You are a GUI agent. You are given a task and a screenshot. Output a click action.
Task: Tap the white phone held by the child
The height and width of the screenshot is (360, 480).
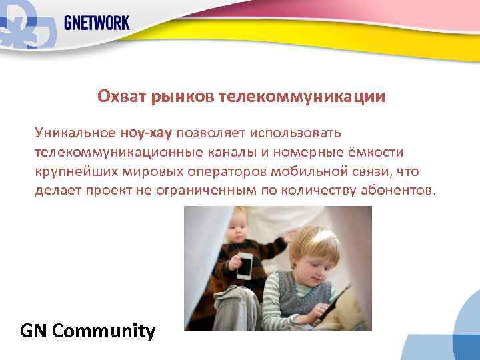point(245,265)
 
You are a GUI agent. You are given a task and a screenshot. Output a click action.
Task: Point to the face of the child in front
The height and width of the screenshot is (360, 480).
point(314,259)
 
